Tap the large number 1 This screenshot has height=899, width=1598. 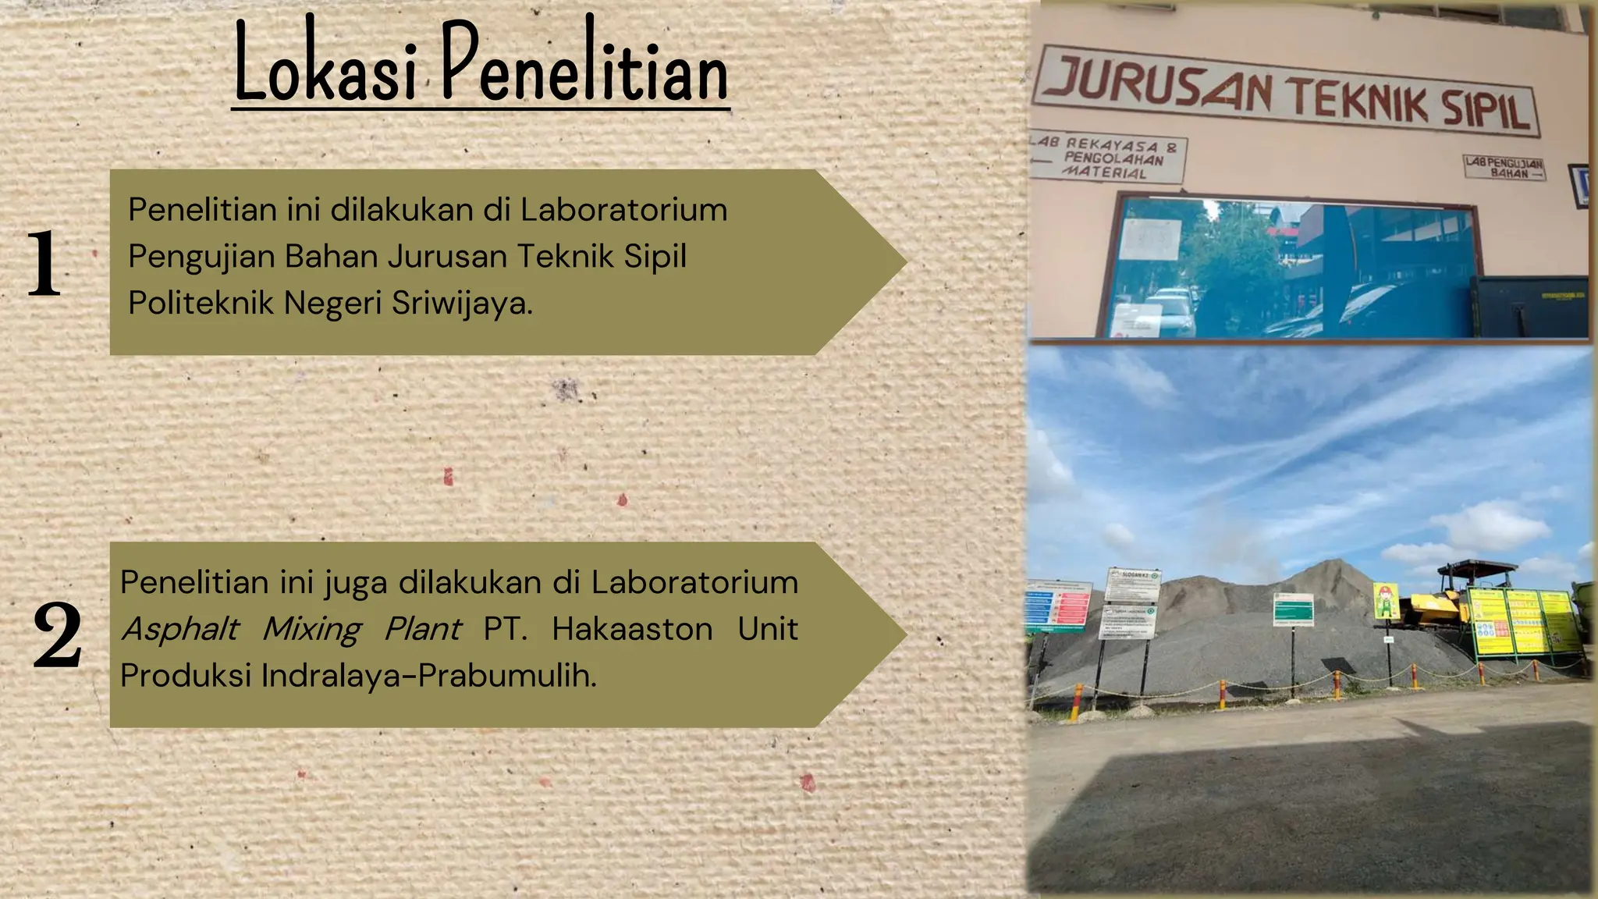click(x=44, y=264)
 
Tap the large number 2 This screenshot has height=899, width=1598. click(x=57, y=635)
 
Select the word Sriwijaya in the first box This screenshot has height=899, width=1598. click(x=462, y=303)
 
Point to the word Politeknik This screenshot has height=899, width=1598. click(x=201, y=303)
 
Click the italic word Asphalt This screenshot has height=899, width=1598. click(x=180, y=629)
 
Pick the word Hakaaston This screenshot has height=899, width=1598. click(x=632, y=629)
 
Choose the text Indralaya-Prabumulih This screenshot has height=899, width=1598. click(x=428, y=676)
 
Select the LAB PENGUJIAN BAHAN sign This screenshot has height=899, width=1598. click(x=1504, y=167)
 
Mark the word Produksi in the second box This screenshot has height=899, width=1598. click(x=186, y=676)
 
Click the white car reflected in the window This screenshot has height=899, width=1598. click(x=1170, y=308)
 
